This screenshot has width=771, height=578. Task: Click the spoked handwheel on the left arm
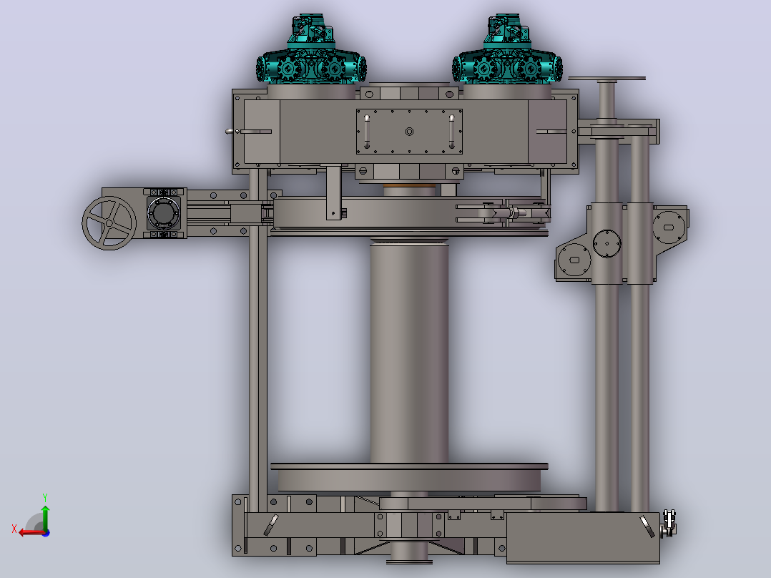pos(109,223)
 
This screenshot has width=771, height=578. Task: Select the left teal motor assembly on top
pos(311,51)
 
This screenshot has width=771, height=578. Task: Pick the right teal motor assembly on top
pos(508,51)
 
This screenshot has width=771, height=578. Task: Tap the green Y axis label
pos(45,497)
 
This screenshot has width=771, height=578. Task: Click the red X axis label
pos(14,529)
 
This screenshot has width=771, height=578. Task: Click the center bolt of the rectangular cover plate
pos(409,132)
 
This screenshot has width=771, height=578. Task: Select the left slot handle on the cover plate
pos(367,132)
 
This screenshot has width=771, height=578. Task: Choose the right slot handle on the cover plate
pos(451,132)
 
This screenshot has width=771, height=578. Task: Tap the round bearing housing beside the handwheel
pos(164,213)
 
